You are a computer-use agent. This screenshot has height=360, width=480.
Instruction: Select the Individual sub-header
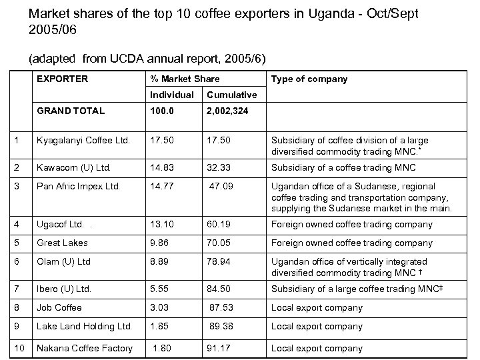(172, 95)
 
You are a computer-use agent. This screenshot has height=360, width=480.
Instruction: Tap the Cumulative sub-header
(231, 95)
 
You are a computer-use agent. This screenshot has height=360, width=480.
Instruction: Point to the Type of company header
(309, 79)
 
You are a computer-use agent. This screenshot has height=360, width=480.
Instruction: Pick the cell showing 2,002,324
(227, 110)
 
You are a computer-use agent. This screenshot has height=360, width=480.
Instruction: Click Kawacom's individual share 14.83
(163, 167)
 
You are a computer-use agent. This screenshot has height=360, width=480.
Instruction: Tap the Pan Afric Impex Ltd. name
(79, 187)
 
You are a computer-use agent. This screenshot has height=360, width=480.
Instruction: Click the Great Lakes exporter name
(62, 243)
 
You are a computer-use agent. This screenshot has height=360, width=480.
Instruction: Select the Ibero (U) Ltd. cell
(64, 289)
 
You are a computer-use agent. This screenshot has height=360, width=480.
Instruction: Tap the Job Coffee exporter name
(59, 307)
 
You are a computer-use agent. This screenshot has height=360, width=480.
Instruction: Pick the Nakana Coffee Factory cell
(84, 347)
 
